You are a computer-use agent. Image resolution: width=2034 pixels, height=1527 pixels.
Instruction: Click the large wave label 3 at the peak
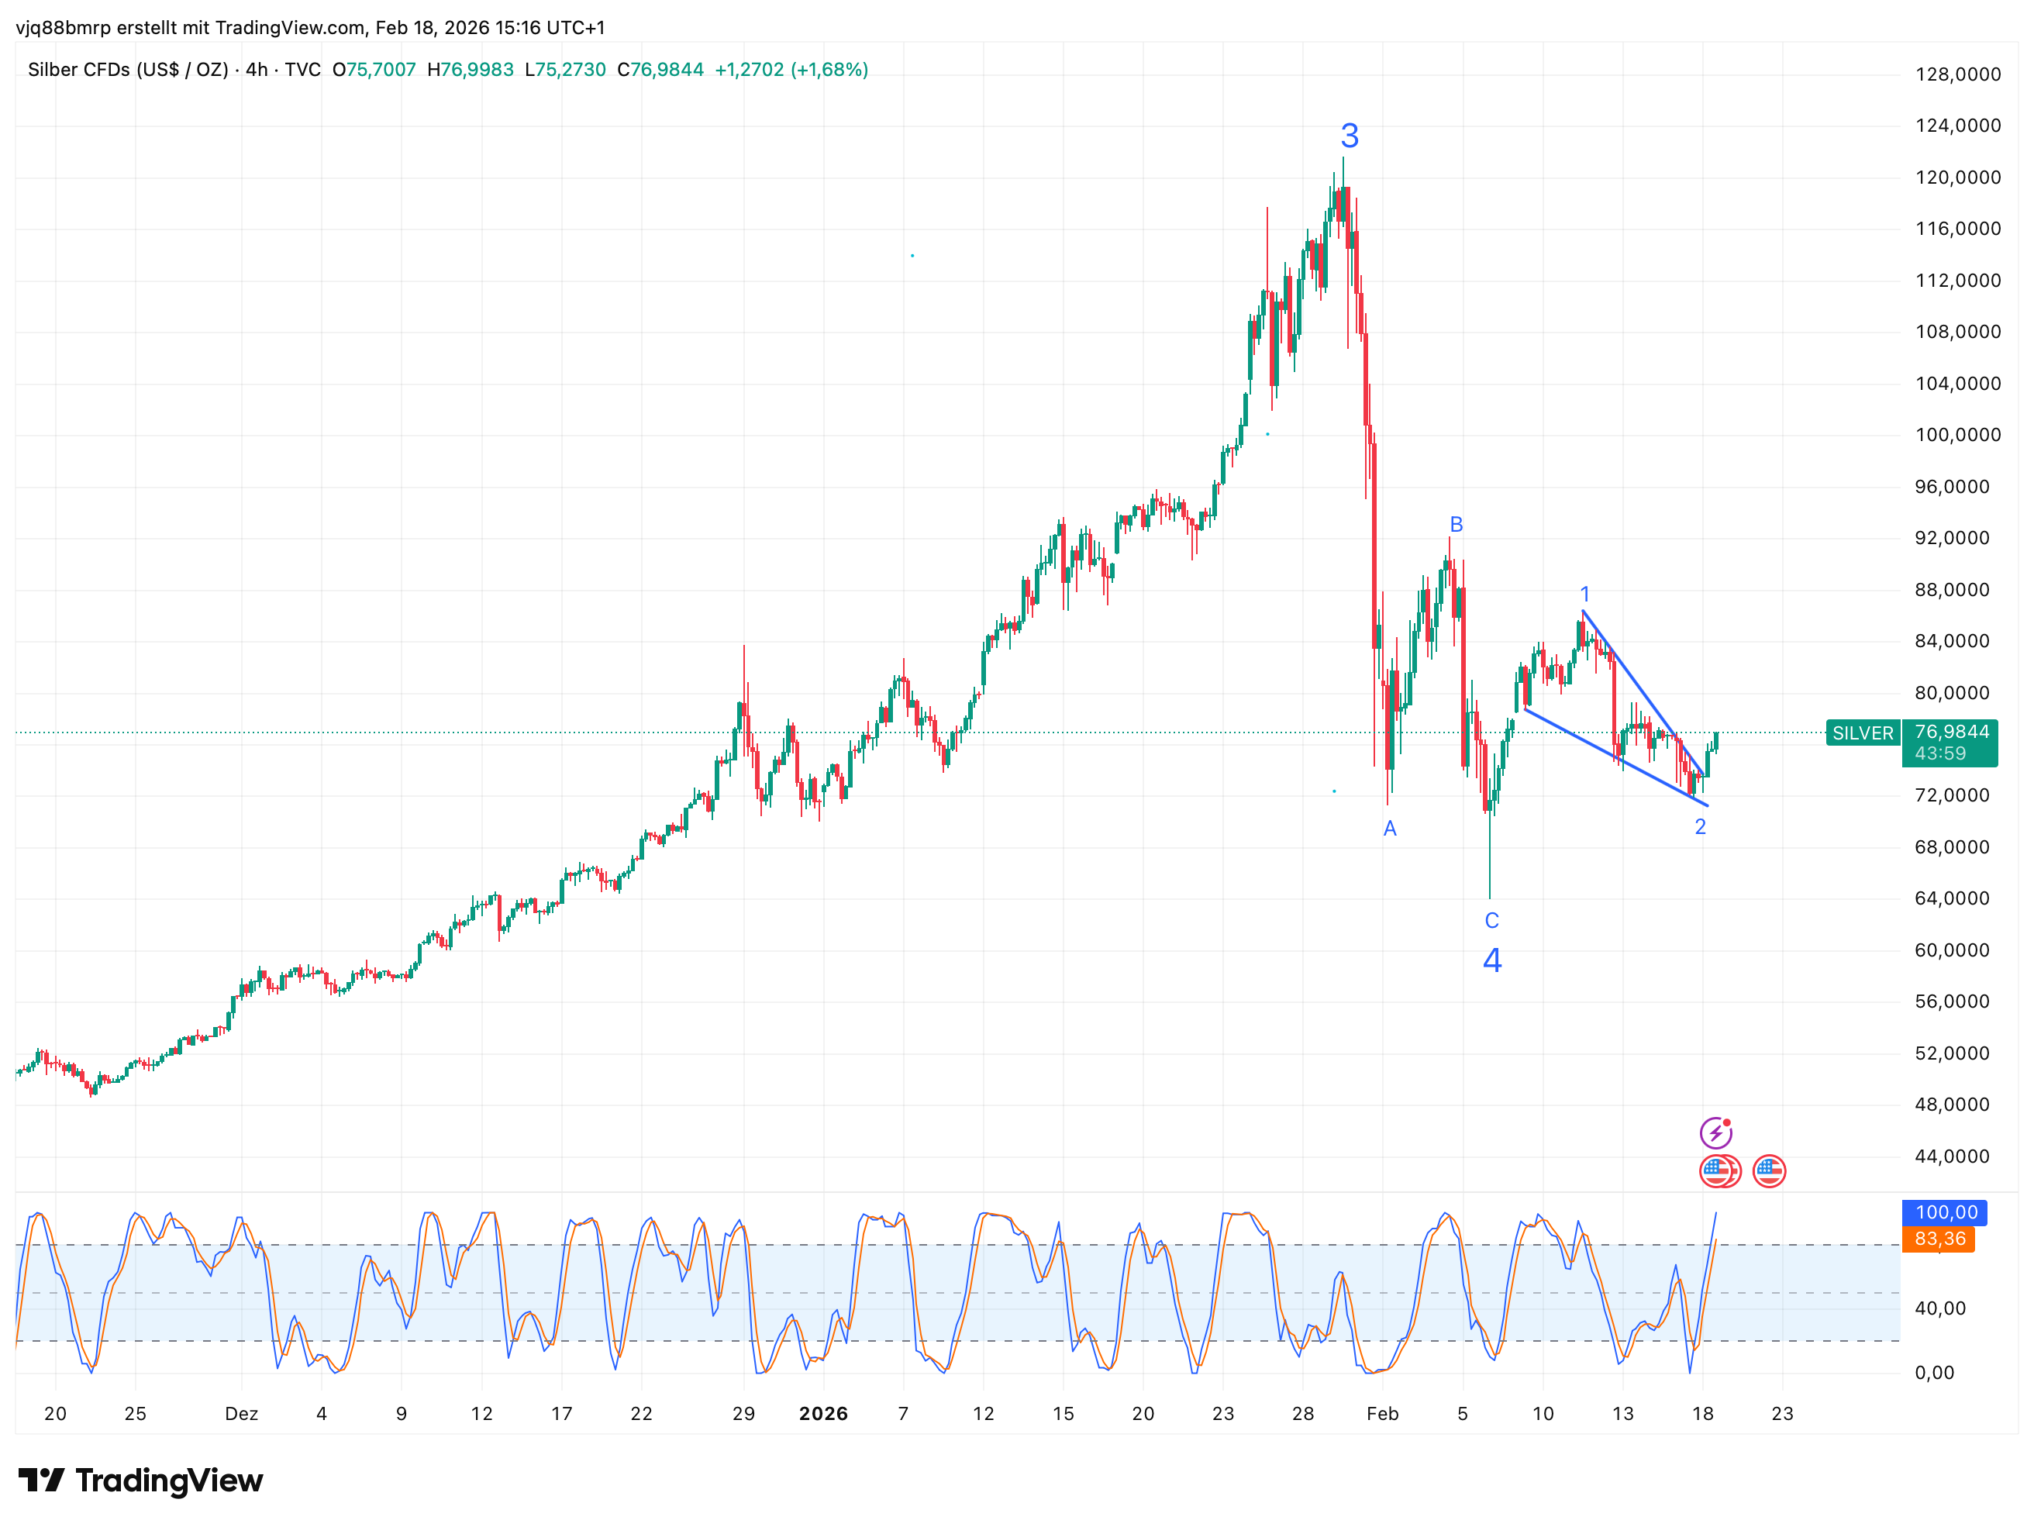(1349, 136)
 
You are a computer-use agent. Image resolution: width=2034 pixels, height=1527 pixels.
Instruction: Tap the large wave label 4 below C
(1491, 960)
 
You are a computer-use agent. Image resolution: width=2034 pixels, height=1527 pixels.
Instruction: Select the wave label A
(1389, 829)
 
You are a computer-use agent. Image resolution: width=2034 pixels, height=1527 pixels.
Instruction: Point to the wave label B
(1456, 524)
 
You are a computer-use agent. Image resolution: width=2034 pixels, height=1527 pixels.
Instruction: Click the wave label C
(1491, 920)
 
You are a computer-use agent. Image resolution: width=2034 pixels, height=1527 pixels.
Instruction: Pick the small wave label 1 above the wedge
(1584, 594)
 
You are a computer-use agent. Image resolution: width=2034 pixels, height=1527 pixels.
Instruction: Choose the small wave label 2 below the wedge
(1700, 826)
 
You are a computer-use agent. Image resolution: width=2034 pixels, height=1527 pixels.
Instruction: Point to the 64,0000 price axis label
(1951, 898)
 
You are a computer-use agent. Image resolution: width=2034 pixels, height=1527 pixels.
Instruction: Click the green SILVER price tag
(1863, 733)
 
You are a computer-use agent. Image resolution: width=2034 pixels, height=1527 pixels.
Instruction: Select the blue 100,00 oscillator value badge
(1946, 1212)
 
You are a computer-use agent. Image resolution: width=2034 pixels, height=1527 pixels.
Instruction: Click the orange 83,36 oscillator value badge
(1939, 1239)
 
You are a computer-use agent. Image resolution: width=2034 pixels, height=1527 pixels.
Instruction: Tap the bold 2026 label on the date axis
(823, 1414)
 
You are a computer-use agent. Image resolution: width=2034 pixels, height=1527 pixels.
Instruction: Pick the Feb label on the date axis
(1382, 1414)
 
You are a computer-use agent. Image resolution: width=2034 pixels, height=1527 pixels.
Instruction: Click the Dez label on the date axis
(241, 1414)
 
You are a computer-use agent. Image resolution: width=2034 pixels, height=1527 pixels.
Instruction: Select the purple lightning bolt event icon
(1715, 1132)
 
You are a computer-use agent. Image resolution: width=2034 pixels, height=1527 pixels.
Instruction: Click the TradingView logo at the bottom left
(140, 1480)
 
